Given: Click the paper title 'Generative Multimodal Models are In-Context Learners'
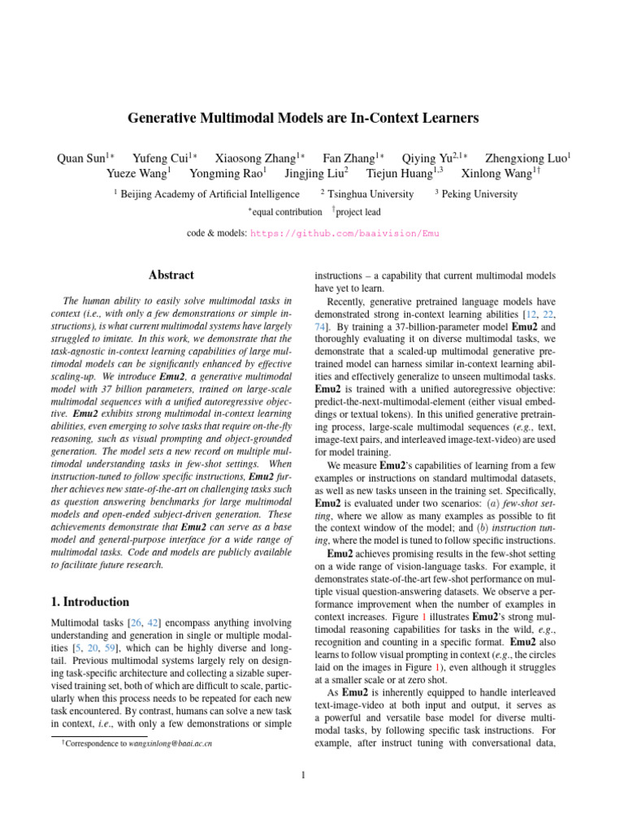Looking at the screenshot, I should tap(303, 119).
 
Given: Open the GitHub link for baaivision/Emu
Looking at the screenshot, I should tap(344, 232).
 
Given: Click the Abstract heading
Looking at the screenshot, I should tap(172, 275).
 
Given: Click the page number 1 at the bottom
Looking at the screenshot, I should tap(302, 773).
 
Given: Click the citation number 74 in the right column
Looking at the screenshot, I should tap(321, 328).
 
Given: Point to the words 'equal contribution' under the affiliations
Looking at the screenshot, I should tap(287, 212).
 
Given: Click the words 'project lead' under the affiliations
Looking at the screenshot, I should tap(358, 212).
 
